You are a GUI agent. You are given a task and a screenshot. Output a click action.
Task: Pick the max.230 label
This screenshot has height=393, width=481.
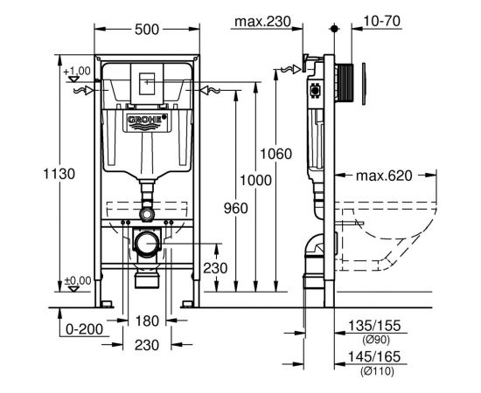click(261, 20)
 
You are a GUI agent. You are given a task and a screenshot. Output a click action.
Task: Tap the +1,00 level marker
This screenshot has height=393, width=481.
click(77, 70)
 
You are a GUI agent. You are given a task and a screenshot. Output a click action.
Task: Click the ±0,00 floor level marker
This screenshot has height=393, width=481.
click(77, 280)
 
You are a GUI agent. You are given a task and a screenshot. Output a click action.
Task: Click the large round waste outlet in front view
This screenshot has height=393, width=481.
click(147, 242)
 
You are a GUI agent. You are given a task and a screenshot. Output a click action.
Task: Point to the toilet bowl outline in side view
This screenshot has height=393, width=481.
click(394, 231)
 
